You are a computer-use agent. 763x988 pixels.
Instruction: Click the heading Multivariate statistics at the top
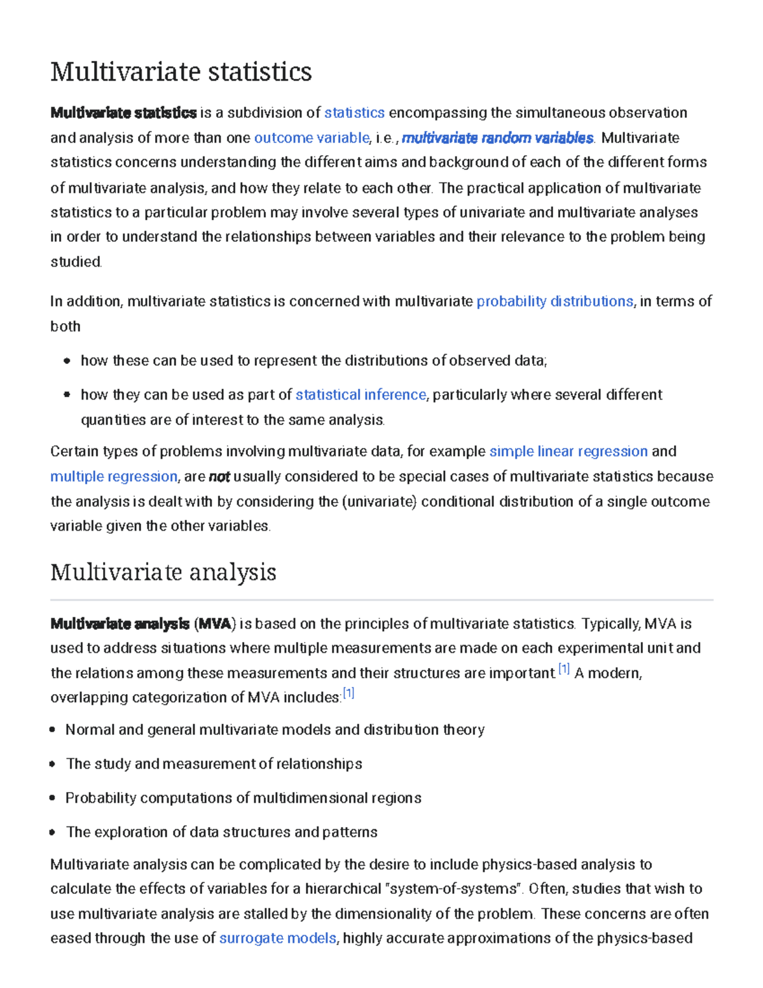click(181, 71)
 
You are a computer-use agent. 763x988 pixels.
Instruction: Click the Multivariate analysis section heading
click(163, 572)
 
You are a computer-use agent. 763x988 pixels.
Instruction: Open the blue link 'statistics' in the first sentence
click(354, 113)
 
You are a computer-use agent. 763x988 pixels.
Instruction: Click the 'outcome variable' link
click(312, 138)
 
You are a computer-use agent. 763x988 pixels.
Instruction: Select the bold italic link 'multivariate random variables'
click(498, 138)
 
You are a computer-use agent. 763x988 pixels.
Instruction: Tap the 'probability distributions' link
click(554, 302)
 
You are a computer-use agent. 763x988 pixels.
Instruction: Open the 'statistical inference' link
click(361, 395)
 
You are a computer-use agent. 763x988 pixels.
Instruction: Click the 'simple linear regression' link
click(568, 452)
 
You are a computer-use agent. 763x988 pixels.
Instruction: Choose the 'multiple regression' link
click(114, 477)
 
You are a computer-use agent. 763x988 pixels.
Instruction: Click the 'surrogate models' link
click(277, 938)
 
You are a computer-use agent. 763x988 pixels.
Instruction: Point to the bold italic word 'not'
click(219, 477)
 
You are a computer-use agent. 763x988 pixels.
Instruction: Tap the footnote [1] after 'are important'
click(564, 669)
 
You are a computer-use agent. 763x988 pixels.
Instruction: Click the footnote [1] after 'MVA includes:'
click(348, 693)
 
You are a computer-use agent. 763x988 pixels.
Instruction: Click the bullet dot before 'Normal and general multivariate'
click(52, 730)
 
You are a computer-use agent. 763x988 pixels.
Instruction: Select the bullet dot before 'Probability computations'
click(52, 798)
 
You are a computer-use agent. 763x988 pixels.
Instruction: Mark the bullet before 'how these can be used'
click(67, 361)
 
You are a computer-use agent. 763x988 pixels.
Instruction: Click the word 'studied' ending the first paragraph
click(76, 262)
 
